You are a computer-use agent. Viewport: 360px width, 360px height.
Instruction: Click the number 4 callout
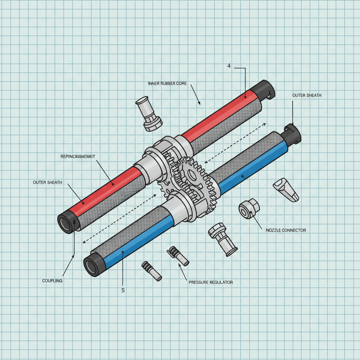[229, 66]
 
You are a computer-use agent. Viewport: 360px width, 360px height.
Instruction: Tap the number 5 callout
[123, 290]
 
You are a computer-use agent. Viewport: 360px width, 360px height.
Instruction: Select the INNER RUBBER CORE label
[167, 84]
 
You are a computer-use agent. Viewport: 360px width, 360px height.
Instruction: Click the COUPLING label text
[52, 281]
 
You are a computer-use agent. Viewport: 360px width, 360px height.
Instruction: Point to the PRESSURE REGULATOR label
[211, 282]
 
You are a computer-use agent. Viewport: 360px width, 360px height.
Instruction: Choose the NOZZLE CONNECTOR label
[286, 230]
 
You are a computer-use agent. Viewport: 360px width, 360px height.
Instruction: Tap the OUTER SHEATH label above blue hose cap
[307, 95]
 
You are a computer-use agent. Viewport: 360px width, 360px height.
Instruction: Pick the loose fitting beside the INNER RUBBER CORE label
[149, 114]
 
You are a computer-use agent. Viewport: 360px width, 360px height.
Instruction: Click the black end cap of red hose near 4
[264, 89]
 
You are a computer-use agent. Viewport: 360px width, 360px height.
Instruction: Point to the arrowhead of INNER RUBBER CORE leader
[199, 103]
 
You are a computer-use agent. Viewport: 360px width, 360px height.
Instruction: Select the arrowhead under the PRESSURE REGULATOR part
[180, 266]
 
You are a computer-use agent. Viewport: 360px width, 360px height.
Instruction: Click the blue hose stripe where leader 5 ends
[122, 252]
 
